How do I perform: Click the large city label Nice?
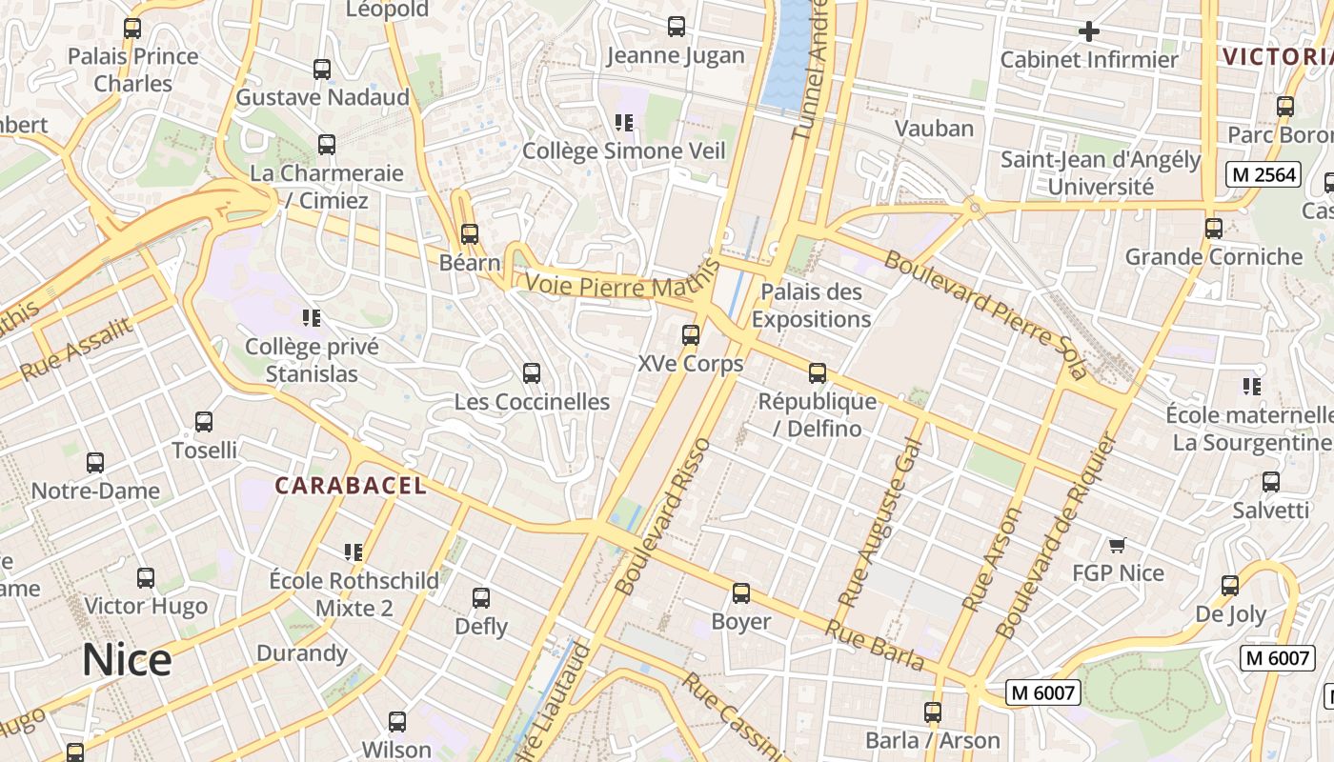(x=127, y=659)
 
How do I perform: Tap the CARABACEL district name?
(x=351, y=486)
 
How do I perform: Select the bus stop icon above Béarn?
(x=470, y=234)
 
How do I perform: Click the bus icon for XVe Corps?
(x=691, y=335)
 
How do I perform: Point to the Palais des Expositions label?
(x=811, y=306)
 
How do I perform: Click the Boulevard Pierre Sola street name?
(x=985, y=314)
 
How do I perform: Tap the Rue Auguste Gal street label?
(x=879, y=523)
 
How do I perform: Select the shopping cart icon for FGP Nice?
(x=1118, y=545)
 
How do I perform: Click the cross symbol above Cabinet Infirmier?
(x=1088, y=31)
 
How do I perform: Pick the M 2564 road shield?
(x=1263, y=174)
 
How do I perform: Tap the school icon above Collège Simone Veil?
(x=624, y=122)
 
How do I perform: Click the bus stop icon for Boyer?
(x=741, y=593)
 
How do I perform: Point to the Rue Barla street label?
(x=874, y=645)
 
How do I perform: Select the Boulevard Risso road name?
(x=663, y=517)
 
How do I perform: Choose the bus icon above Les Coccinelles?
(x=532, y=373)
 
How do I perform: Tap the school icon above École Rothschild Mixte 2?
(x=354, y=552)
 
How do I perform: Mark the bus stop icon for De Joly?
(x=1230, y=586)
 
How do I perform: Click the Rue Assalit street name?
(x=75, y=350)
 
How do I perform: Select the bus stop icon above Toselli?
(x=204, y=422)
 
